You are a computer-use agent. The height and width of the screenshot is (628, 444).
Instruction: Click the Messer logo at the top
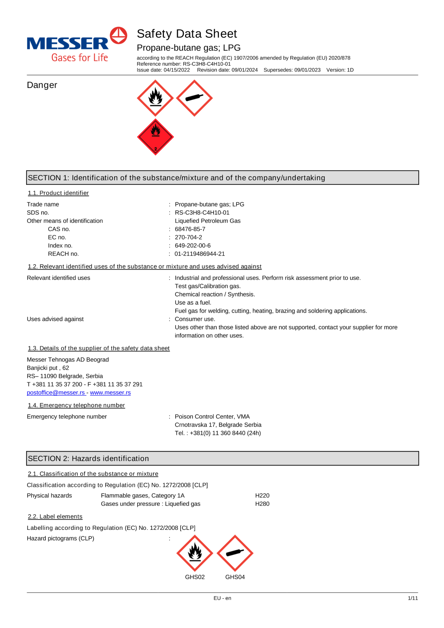click(x=77, y=44)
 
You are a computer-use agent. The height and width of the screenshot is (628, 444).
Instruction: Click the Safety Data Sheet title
click(x=186, y=34)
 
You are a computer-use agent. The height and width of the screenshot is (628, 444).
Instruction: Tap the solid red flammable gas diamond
click(x=155, y=137)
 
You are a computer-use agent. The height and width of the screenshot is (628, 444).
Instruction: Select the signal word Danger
click(x=42, y=85)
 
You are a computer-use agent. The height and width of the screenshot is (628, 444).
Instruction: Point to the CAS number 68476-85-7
click(x=190, y=229)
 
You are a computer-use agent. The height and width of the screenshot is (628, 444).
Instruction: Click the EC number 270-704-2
click(x=188, y=237)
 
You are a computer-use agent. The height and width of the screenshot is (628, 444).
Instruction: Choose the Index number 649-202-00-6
click(x=193, y=246)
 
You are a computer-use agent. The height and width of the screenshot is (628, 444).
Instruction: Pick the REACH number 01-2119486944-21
click(x=200, y=254)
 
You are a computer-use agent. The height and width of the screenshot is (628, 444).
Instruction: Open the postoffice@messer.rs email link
click(x=56, y=393)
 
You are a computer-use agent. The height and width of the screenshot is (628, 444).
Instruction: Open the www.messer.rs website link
click(x=110, y=393)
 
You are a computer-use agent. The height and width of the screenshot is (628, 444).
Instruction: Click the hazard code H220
click(x=262, y=496)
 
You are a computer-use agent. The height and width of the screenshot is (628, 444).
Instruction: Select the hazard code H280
click(x=262, y=504)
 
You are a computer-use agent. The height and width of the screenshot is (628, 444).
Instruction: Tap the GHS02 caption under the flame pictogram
click(x=195, y=577)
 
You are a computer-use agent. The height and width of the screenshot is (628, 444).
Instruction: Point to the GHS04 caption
click(x=235, y=577)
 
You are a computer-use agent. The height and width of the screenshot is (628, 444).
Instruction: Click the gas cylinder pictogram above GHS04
click(x=235, y=553)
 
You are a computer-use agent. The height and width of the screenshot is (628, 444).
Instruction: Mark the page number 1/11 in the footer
click(x=412, y=598)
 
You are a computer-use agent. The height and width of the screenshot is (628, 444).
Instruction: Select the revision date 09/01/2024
click(x=245, y=70)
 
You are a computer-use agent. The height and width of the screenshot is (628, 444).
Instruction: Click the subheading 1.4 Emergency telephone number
click(x=76, y=405)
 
